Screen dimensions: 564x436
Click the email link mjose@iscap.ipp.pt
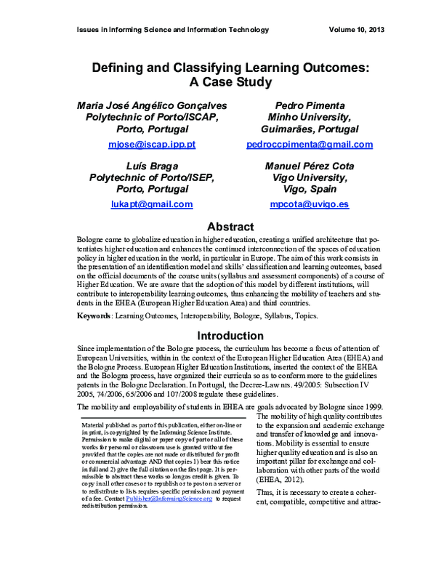point(152,145)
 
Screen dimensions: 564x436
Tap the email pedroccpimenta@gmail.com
point(310,145)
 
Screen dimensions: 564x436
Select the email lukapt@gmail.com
point(152,205)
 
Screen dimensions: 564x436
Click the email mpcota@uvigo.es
point(310,205)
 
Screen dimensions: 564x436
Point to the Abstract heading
point(230,227)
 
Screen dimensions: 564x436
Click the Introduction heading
point(230,336)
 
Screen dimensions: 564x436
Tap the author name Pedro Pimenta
point(310,105)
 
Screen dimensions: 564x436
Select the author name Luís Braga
point(152,166)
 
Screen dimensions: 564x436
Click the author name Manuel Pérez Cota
point(310,166)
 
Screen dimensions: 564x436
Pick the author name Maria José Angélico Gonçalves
point(152,105)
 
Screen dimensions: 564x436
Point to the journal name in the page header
point(172,30)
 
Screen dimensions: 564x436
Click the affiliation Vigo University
point(310,177)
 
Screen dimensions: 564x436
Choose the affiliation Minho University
point(310,117)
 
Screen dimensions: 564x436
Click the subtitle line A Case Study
point(230,82)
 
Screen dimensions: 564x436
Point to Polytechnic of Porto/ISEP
point(152,177)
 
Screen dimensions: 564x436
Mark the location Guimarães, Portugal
point(310,129)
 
